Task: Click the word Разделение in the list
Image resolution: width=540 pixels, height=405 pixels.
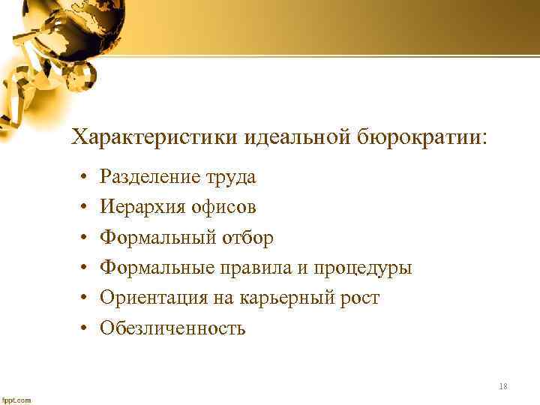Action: tap(150, 177)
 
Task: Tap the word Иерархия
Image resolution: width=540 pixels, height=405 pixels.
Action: tap(140, 207)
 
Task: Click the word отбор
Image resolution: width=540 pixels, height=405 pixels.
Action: tap(247, 238)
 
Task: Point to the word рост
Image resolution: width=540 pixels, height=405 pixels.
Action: tap(358, 298)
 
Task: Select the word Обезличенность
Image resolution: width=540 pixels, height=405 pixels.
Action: tap(172, 328)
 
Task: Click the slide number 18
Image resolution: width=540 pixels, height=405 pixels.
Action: tap(502, 386)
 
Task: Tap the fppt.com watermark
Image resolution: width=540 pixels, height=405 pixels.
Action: tap(16, 400)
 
